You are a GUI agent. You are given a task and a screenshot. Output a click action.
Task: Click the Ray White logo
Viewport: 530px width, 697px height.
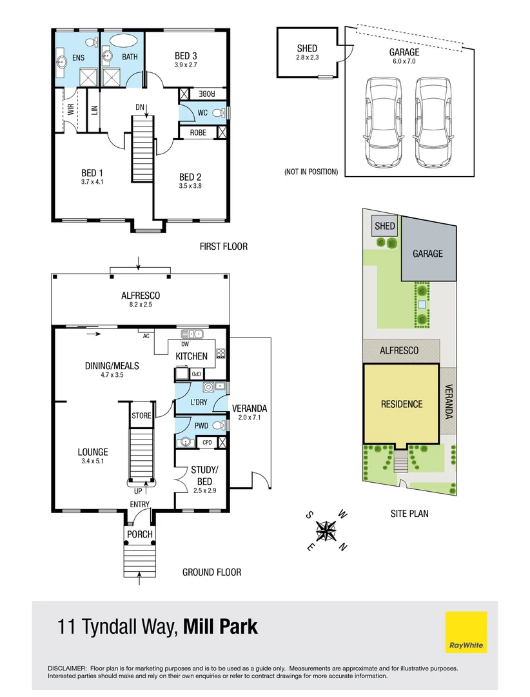pos(466,632)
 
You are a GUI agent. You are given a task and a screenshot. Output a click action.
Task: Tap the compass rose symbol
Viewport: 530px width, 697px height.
pos(327,530)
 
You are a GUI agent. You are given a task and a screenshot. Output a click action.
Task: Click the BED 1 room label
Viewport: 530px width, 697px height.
pos(92,173)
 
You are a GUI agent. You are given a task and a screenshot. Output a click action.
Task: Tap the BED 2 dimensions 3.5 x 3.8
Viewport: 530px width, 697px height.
pos(190,187)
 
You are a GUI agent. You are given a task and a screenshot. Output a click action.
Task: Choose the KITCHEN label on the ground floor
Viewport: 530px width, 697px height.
pos(191,356)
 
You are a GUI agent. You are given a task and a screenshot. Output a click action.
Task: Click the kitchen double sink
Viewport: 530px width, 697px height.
pos(192,334)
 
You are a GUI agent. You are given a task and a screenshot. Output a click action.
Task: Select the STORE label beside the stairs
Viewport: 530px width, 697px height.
pos(141,416)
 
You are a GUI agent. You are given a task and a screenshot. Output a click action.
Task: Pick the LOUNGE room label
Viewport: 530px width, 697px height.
pos(93,452)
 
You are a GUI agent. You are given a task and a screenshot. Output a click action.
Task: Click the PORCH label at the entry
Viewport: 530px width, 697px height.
pos(139,534)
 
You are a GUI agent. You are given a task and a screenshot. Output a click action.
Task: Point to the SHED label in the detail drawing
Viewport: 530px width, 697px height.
pos(308,48)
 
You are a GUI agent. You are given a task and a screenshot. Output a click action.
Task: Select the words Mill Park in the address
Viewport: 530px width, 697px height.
pos(221,627)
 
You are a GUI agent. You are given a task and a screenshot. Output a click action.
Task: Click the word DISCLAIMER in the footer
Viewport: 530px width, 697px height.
pos(68,669)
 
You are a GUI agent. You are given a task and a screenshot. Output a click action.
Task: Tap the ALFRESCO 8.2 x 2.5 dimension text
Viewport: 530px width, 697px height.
pos(140,305)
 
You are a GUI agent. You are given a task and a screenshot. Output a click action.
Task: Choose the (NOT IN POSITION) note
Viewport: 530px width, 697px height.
pos(311,172)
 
